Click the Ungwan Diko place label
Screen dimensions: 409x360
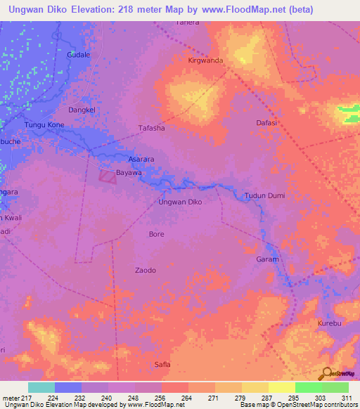coord(181,202)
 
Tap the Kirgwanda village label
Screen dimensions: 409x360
coord(205,60)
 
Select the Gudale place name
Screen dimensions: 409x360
coord(77,54)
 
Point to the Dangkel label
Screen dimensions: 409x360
coord(80,110)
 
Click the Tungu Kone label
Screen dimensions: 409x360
coord(44,125)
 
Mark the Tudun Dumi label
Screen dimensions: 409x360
coord(262,195)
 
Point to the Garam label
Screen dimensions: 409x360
coord(267,259)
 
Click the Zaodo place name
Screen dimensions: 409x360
coord(145,270)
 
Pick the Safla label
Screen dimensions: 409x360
coord(162,364)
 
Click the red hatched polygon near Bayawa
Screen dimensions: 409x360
coord(107,176)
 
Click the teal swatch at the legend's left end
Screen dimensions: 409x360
coord(41,387)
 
